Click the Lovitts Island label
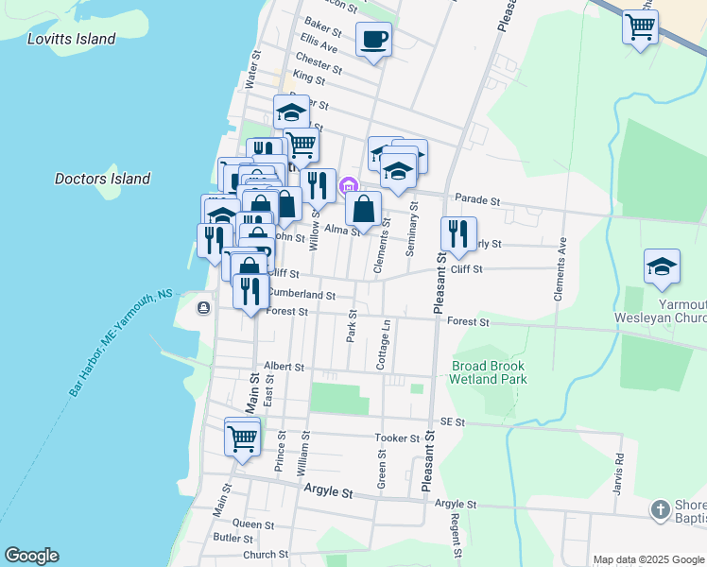point(72,39)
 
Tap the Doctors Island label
point(102,179)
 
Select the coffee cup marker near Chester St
point(373,40)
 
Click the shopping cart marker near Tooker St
point(243,438)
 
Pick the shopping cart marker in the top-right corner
point(640,26)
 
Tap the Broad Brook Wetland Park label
point(489,372)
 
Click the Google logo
point(31,556)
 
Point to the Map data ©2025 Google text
point(647,559)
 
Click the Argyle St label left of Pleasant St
point(328,492)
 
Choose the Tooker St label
point(397,438)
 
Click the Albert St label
point(284,366)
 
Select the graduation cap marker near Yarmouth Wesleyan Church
point(662,267)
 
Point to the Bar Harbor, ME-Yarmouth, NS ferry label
point(120,343)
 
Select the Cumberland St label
point(302,294)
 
